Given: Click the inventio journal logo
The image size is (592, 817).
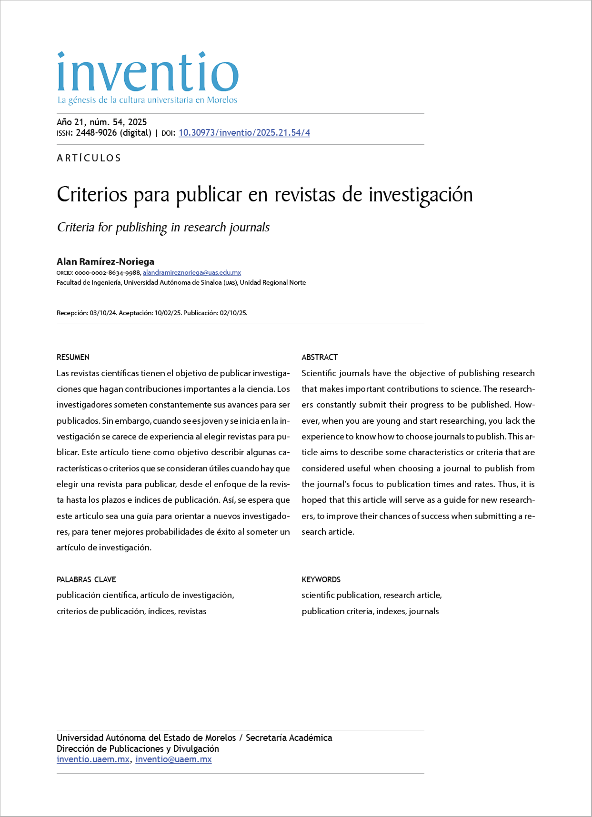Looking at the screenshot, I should [147, 72].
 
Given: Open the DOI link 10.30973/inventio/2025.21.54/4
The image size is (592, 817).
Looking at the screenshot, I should [244, 133].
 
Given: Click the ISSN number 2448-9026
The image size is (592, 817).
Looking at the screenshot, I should [96, 133].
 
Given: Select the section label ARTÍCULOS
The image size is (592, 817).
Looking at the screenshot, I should [89, 158].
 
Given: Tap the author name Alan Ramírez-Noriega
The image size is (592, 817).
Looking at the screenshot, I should [105, 261].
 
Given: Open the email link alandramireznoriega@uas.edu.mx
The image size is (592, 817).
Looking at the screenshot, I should [191, 273].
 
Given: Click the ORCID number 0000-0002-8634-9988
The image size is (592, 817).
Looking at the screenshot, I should [108, 273].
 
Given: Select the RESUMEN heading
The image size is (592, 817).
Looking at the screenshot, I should [73, 357].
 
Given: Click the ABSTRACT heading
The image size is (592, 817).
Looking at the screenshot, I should [320, 357].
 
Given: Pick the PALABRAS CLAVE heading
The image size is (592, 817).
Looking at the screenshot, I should [86, 579].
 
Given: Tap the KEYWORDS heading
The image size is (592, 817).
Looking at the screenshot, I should [321, 579].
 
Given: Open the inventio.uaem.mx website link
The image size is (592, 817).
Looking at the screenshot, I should [93, 759].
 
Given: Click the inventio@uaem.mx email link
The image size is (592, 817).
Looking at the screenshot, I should [173, 759].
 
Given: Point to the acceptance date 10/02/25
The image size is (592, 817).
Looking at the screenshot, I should [168, 313].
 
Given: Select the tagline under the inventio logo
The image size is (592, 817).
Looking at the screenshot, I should [147, 100].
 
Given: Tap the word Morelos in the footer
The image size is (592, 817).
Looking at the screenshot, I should [220, 738].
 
